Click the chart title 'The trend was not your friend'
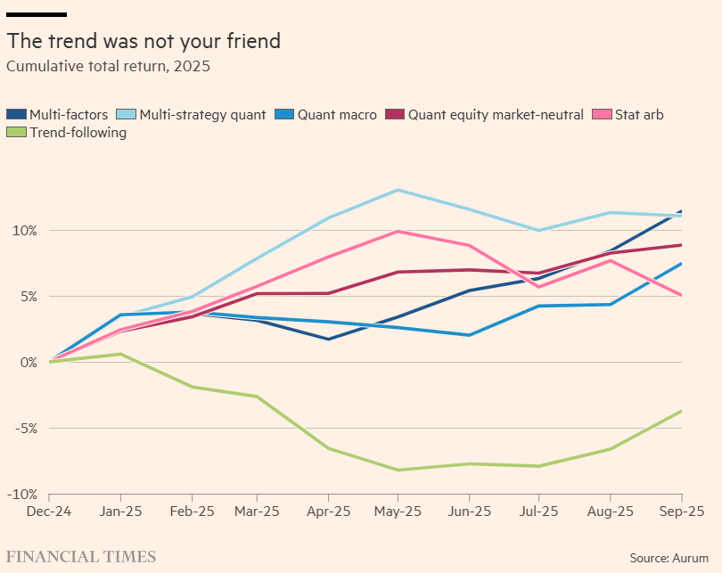144,41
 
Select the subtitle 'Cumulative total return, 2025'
108,66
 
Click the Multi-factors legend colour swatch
16,114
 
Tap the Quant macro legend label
337,114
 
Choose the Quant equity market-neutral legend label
496,114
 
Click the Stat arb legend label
639,114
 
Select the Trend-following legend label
78,133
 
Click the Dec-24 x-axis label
49,512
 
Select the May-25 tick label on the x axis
398,512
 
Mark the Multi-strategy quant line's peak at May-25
398,190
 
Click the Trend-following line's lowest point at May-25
398,470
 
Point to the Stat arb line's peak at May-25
398,232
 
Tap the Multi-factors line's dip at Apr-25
328,339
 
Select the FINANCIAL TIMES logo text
81,557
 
